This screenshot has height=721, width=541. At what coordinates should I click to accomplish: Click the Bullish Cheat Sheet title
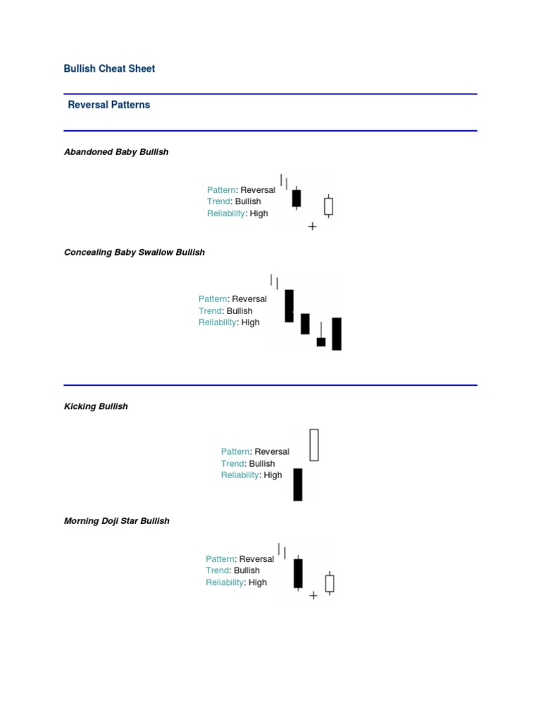pos(109,68)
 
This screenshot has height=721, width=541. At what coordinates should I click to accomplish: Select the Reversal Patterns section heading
pos(109,105)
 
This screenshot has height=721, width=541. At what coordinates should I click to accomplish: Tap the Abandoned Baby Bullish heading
pos(116,152)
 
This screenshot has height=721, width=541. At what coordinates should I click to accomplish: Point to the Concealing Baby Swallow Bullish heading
pos(135,252)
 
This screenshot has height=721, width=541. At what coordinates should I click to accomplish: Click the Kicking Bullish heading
pos(96,406)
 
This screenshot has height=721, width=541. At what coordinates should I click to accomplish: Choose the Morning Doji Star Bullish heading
pos(116,520)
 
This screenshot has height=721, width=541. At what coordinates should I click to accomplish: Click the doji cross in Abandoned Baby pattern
pos(312,226)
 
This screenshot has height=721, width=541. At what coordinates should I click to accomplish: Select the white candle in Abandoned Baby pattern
pos(328,206)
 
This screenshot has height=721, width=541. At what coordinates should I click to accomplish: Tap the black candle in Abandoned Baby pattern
pos(297,198)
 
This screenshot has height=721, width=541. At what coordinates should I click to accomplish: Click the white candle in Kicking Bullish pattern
pos(314,445)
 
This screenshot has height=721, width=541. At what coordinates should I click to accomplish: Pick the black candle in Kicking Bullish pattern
pos(298,484)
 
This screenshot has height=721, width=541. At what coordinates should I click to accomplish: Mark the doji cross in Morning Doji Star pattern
pos(313,596)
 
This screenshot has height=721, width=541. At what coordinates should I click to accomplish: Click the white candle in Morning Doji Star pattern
pos(330,583)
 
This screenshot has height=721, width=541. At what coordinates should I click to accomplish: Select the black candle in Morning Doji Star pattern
pos(298,573)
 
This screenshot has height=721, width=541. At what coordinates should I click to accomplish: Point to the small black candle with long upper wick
pos(321,341)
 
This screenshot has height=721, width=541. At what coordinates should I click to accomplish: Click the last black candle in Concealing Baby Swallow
pos(337,334)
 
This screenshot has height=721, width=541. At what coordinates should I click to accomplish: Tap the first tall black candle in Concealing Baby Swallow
pos(290,306)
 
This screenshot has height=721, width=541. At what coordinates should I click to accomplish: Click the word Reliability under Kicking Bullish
pos(240,475)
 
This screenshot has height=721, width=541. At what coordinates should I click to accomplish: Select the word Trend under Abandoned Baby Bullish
pos(218,201)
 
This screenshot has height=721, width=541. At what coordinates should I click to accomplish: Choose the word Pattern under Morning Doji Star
pos(220,558)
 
